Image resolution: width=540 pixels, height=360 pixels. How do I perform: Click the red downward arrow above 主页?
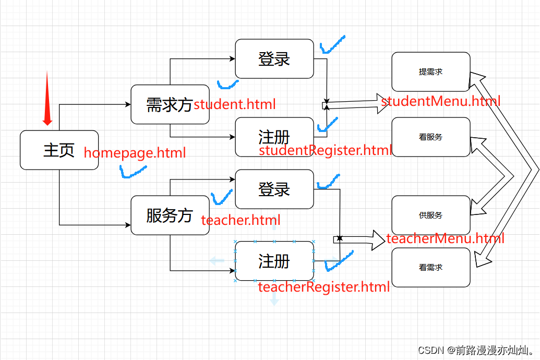coord(47,99)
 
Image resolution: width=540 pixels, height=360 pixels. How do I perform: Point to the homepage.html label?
coord(135,153)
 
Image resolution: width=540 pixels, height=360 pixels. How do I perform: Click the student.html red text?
coord(234,104)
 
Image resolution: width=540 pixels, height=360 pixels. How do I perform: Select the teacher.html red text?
coord(241,220)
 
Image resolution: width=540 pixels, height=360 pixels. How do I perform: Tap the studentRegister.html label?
coord(325,151)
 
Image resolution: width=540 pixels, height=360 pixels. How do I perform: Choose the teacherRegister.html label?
coord(324,286)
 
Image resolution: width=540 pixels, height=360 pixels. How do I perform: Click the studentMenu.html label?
coord(441,101)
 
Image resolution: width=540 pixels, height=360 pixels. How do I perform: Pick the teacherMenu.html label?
coord(445,239)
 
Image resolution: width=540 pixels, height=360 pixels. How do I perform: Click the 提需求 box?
coord(430,72)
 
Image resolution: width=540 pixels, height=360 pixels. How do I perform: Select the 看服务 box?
coord(430,137)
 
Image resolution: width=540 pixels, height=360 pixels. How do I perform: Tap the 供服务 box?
coord(430,215)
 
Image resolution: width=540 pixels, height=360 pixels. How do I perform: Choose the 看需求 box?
coord(430,267)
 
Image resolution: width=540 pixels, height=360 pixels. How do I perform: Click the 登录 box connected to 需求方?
coord(274,59)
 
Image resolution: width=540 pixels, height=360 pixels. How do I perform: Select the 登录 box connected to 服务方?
coord(274,189)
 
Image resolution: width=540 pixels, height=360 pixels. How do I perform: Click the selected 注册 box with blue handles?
coord(274,261)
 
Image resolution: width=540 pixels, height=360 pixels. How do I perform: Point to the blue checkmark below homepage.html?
coord(133,172)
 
